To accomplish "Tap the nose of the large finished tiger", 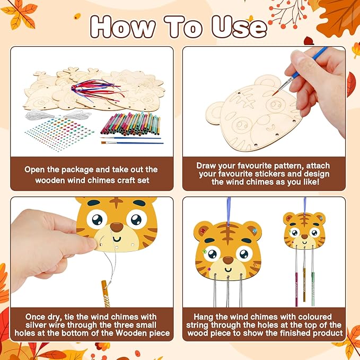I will coord(228,260).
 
